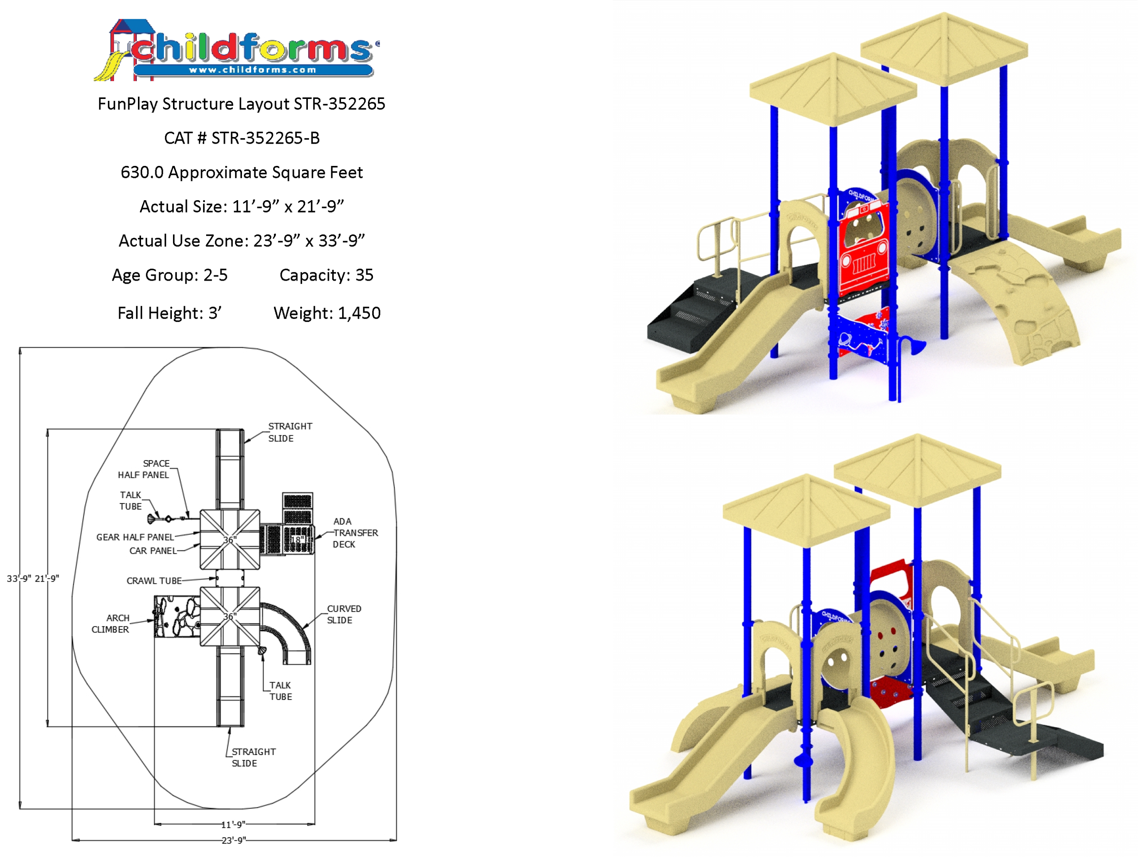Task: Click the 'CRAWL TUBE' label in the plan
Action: pyautogui.click(x=154, y=581)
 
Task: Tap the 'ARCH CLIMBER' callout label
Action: pyautogui.click(x=111, y=624)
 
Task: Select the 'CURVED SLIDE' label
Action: pyautogui.click(x=344, y=614)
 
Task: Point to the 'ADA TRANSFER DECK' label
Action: pyautogui.click(x=355, y=533)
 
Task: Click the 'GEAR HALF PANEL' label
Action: pyautogui.click(x=135, y=537)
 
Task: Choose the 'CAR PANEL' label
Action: pyautogui.click(x=153, y=551)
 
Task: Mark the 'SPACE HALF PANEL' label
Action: pyautogui.click(x=144, y=469)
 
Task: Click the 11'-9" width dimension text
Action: pyautogui.click(x=233, y=824)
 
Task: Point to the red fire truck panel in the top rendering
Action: pyautogui.click(x=864, y=248)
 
